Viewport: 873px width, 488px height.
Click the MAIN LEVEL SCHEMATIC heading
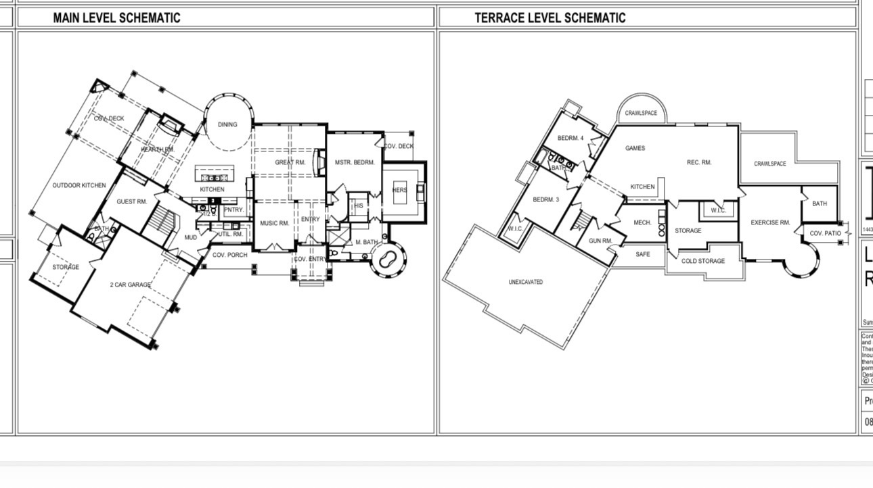[x=116, y=18]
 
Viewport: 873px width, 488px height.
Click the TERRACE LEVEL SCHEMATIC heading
[x=550, y=18]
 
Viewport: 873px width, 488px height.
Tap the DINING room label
[x=227, y=124]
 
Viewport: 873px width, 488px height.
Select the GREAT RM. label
[x=290, y=162]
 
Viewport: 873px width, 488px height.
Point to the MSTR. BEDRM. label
[x=354, y=162]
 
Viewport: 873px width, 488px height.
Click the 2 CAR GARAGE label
[x=130, y=285]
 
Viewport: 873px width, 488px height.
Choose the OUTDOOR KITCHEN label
[x=79, y=185]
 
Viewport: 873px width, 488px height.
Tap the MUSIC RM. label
[x=274, y=222]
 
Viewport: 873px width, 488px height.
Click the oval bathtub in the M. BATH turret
[x=388, y=258]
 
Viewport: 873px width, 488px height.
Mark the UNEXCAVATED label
[x=525, y=282]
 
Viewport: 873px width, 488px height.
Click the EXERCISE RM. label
[x=770, y=222]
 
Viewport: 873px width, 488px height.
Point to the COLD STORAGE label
[x=702, y=261]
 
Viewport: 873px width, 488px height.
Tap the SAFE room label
[x=642, y=254]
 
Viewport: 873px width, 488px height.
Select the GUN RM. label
[x=600, y=241]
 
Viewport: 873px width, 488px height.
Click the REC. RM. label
[x=698, y=162]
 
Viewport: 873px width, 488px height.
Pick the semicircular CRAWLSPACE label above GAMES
[x=640, y=113]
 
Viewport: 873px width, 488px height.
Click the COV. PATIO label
[x=825, y=233]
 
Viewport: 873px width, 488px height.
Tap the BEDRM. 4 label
[x=570, y=138]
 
